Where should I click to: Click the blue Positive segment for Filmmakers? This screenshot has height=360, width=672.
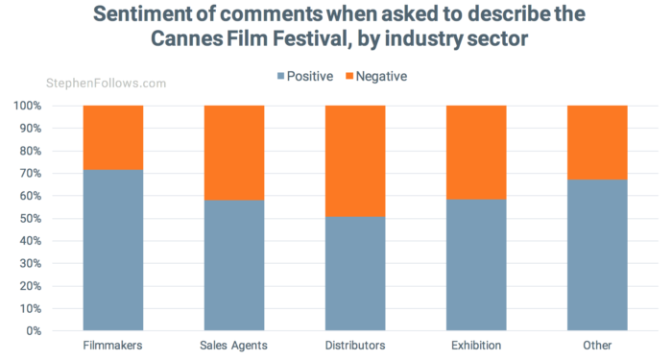(x=113, y=251)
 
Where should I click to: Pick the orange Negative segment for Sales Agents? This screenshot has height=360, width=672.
(x=234, y=153)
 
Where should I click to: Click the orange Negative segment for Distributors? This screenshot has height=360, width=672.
(x=355, y=160)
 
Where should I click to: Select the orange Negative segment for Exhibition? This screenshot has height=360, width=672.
(x=476, y=152)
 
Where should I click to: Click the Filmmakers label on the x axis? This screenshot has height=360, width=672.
(x=113, y=346)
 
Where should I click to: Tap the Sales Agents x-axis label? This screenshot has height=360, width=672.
(x=234, y=346)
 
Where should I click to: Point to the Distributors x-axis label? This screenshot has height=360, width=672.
(x=355, y=346)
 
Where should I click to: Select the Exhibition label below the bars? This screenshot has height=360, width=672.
(x=476, y=346)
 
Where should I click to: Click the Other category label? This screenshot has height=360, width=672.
(x=597, y=346)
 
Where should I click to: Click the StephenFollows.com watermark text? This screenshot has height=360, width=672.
(x=105, y=84)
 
